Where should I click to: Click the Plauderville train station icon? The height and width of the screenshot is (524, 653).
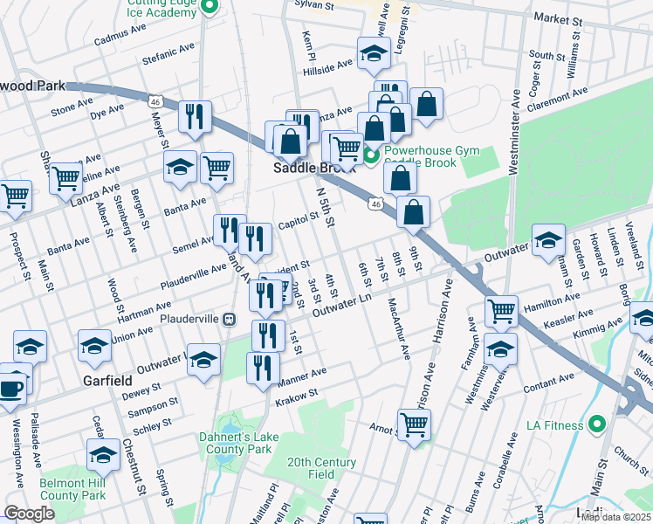point(229,320)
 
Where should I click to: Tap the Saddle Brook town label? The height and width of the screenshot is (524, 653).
point(307,169)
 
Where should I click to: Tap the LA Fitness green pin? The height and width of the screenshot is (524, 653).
point(597,425)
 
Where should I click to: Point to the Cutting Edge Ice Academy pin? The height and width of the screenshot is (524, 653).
point(208,8)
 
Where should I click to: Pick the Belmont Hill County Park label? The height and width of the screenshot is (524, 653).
point(72,488)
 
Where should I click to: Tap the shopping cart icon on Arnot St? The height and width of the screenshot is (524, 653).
point(414,425)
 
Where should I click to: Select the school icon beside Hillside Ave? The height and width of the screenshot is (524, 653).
point(373,55)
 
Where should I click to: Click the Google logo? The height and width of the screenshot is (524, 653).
point(29,514)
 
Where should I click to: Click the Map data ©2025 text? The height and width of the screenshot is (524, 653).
point(615,517)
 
